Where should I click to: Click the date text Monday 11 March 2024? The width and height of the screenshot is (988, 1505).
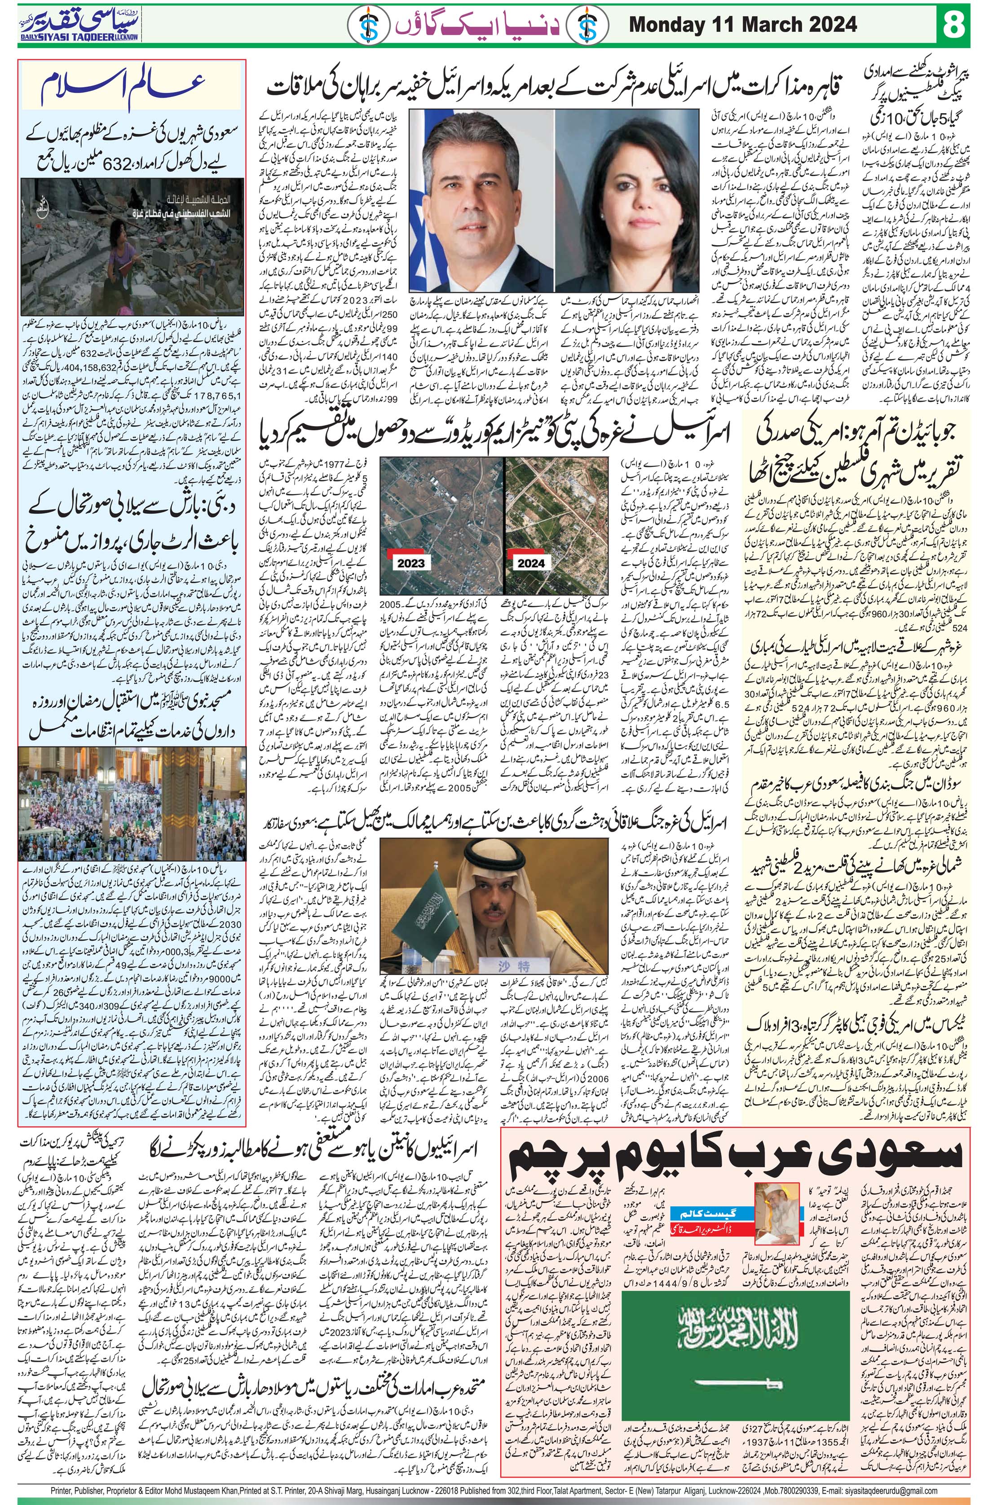point(743,25)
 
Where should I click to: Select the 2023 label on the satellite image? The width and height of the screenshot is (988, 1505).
point(410,561)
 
